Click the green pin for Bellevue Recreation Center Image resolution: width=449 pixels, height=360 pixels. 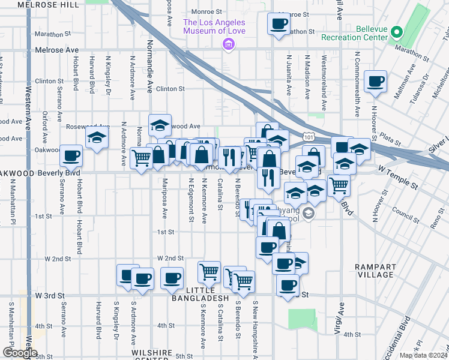coord(396,32)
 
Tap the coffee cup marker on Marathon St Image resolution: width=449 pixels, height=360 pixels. coord(277,24)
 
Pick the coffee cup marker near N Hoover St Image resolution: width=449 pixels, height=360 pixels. coord(375,82)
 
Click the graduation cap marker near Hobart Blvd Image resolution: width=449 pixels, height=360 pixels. coord(96,137)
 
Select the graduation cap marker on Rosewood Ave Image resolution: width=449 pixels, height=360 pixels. coord(160,125)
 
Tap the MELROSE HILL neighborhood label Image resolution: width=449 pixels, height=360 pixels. coord(48,4)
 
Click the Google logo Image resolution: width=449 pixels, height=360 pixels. coord(19,353)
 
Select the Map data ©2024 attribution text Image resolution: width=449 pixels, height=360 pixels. coord(423,355)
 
